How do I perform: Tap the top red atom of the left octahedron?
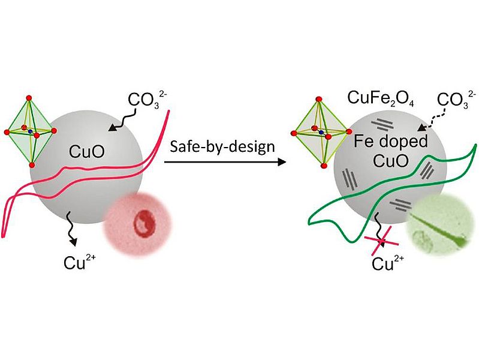tap(28, 96)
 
